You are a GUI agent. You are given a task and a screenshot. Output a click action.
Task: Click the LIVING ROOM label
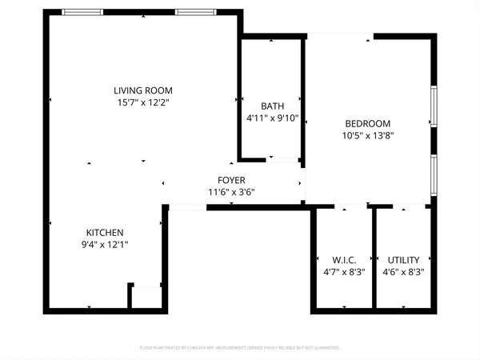[142, 90]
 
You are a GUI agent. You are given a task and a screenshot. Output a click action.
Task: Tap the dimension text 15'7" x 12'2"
[142, 102]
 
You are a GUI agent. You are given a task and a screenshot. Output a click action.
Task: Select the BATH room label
[272, 106]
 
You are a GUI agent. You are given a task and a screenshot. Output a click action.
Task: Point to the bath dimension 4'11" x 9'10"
[272, 118]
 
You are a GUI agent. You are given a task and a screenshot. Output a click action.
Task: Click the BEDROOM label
[367, 123]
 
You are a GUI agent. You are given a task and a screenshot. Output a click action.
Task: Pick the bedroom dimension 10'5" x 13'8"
[367, 135]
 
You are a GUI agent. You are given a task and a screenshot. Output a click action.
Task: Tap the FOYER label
[232, 180]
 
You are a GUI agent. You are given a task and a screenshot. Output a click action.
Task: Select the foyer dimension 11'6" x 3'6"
[232, 192]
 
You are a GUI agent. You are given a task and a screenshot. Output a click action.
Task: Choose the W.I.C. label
[344, 260]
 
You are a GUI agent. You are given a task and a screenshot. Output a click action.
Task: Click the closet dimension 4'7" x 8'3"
[344, 272]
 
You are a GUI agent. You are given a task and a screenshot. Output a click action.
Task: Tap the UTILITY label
[404, 260]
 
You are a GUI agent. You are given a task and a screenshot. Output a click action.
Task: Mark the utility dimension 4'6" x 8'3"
[404, 272]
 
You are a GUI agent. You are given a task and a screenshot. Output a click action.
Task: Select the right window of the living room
[194, 12]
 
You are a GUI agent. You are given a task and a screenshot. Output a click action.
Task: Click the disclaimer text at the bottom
[240, 348]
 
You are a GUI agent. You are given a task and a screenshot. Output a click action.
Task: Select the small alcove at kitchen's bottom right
[147, 297]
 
